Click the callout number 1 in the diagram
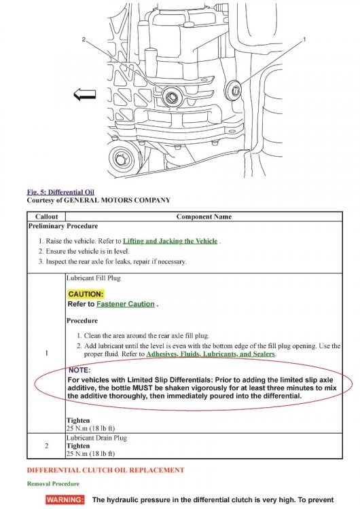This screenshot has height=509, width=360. pos(304,39)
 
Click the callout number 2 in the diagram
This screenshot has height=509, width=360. pos(84,39)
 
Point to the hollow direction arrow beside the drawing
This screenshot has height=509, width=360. pos(85,94)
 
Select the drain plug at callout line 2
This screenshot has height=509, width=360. pos(171,96)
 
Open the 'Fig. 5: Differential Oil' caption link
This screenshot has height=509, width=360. pos(60,192)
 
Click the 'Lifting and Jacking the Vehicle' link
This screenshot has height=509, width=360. pos(170,241)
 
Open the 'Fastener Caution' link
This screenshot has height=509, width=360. pos(126,304)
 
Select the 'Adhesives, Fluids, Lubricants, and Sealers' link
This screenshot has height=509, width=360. pos(211,354)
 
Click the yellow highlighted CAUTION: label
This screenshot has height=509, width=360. pos(86,294)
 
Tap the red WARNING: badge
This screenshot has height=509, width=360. pos(65,499)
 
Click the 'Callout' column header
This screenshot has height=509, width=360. pos(46,216)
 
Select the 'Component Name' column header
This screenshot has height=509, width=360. pos(204,216)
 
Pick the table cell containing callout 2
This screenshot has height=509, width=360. pos(46,446)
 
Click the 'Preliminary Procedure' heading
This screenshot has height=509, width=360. pos(63,226)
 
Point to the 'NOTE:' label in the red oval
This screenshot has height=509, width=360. pos(79,370)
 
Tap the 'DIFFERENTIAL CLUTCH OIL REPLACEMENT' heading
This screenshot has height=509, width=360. pos(105,470)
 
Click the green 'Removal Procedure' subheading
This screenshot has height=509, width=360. pos(53,484)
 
